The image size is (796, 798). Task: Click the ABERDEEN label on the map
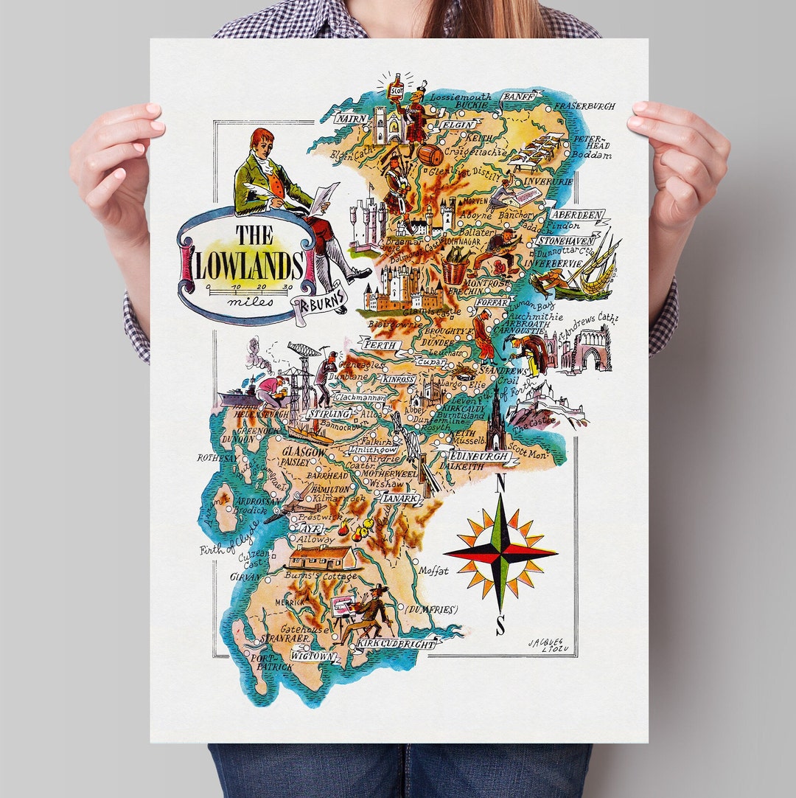(578, 215)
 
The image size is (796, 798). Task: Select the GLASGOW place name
(304, 451)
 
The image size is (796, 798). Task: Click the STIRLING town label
(328, 414)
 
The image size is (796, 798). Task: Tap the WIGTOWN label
(313, 655)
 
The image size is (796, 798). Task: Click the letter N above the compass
(500, 483)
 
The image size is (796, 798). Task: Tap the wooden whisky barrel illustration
(430, 154)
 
